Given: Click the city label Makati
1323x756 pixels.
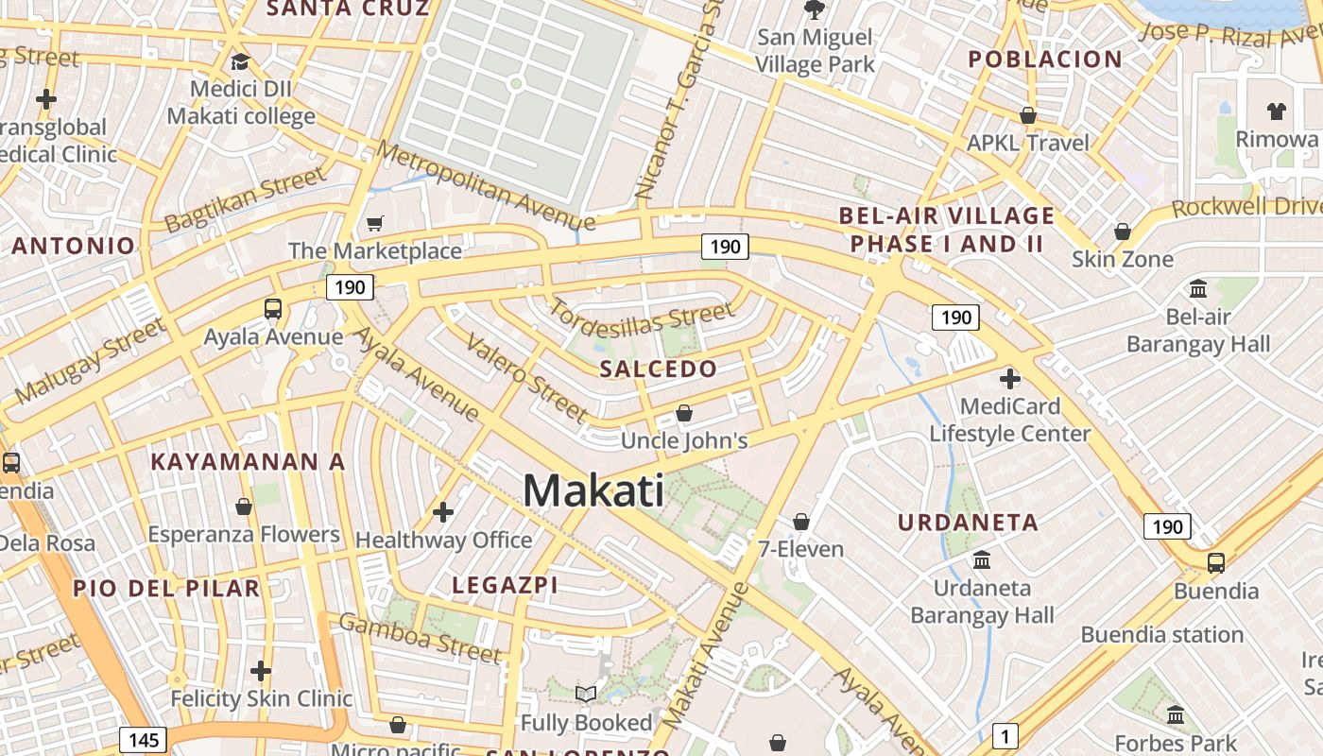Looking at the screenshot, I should click(x=593, y=490).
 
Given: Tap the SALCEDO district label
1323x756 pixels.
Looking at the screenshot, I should click(x=659, y=369).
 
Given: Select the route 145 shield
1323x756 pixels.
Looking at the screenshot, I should click(x=143, y=739).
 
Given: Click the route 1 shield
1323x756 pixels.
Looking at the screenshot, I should click(x=1005, y=734).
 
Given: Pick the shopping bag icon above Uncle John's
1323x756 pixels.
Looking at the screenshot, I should click(x=684, y=414).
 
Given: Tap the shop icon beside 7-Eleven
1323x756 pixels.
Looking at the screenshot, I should click(x=801, y=522).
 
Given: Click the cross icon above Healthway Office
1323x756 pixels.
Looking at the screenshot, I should click(x=443, y=513).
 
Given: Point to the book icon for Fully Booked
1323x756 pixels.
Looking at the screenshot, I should click(x=586, y=695).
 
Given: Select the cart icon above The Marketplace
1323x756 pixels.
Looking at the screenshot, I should click(x=375, y=224).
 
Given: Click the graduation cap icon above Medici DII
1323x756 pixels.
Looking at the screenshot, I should click(x=240, y=62).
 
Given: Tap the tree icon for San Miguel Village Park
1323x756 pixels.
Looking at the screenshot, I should click(x=814, y=10).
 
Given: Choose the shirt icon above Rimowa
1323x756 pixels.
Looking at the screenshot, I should click(x=1277, y=111).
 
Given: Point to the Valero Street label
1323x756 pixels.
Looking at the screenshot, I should click(x=528, y=378).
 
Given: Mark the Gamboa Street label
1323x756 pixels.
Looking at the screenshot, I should click(x=420, y=638).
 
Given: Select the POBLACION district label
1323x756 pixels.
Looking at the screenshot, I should click(x=1045, y=59).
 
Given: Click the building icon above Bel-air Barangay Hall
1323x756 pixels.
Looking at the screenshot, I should click(x=1198, y=288).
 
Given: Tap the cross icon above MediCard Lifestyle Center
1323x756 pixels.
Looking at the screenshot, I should click(x=1009, y=380).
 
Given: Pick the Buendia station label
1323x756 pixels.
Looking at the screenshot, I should click(x=1161, y=634).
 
